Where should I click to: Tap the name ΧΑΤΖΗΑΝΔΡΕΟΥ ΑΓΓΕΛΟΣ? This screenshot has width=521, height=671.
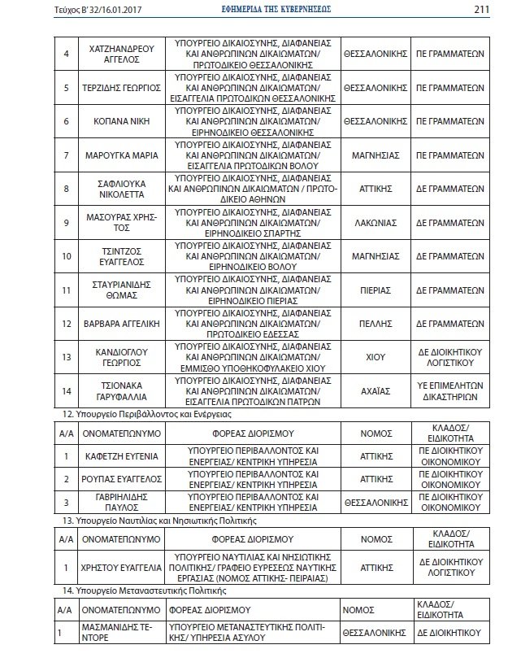(x=120, y=53)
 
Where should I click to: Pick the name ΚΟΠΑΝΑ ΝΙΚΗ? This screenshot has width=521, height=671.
(x=120, y=121)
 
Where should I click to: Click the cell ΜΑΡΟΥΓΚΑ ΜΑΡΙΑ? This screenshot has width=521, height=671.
(x=120, y=155)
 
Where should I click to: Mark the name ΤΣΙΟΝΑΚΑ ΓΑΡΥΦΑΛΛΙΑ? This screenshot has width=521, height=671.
(x=120, y=390)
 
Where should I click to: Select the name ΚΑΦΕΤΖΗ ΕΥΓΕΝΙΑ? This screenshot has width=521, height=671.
(x=120, y=456)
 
